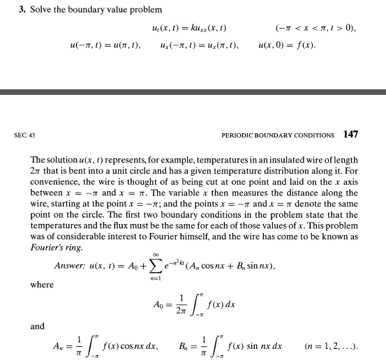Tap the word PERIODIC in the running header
pyautogui.click(x=239, y=135)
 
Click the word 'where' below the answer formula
pyautogui.click(x=40, y=284)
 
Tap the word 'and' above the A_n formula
pyautogui.click(x=37, y=325)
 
